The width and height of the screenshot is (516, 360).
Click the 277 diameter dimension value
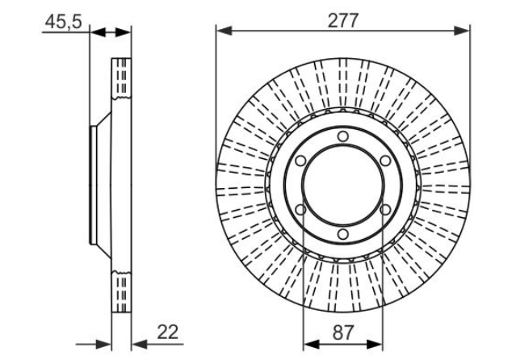pos(343,21)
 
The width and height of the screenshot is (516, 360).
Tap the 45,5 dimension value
pos(63,22)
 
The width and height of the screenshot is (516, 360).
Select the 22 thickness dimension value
pos(167,332)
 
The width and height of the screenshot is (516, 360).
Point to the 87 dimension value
pos(343,333)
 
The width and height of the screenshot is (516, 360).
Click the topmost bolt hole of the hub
pos(343,136)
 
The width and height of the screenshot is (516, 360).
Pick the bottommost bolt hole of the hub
pos(343,234)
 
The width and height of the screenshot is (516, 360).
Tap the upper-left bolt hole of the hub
pos(300,161)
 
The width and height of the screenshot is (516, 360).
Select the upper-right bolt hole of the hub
pos(385,161)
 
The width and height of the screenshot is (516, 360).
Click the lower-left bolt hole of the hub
pos(300,210)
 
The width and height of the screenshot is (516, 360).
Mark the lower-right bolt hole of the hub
pos(385,210)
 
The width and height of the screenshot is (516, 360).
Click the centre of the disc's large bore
pos(343,186)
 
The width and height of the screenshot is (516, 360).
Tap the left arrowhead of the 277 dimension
pos(224,31)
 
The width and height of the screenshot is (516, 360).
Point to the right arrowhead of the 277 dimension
pos(462,31)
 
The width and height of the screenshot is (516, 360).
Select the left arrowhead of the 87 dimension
pos(311,345)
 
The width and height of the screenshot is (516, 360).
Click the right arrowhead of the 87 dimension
pos(375,345)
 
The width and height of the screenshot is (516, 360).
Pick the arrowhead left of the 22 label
pos(140,345)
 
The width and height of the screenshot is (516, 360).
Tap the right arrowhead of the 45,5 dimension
pos(123,32)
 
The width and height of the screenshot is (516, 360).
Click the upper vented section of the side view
pos(121,78)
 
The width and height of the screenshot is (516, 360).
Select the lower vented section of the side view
pos(121,291)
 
